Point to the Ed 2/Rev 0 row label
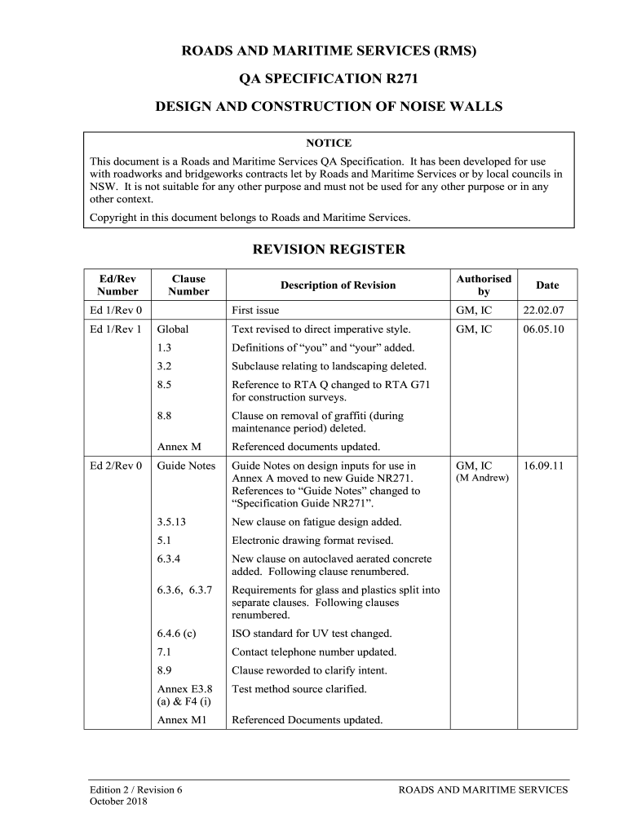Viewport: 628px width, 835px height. [x=116, y=466]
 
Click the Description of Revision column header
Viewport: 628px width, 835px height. [x=338, y=285]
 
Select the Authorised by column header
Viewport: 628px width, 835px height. [x=484, y=285]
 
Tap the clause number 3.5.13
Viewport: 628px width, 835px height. [x=171, y=522]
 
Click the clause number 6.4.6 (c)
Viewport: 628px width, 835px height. [x=176, y=633]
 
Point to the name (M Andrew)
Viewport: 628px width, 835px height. [x=482, y=478]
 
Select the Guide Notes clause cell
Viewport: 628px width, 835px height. [x=186, y=466]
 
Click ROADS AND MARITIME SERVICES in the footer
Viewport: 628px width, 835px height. [x=483, y=789]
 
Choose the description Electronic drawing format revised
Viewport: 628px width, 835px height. [x=312, y=541]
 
